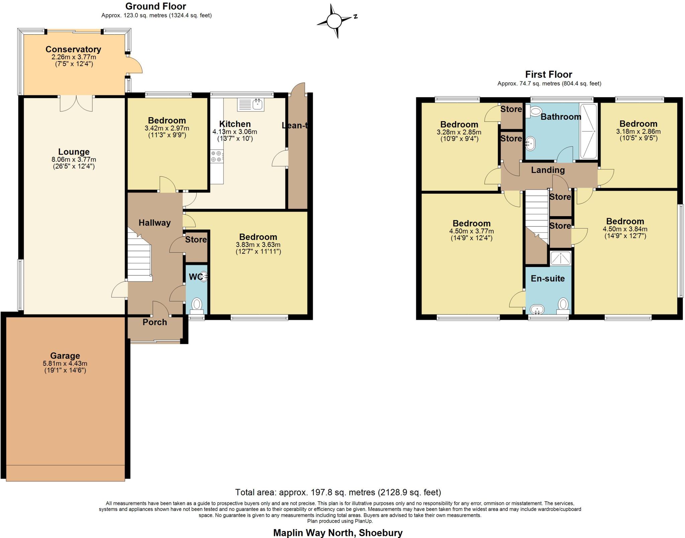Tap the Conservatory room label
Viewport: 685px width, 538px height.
click(x=73, y=49)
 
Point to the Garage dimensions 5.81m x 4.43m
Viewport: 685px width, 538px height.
click(x=65, y=363)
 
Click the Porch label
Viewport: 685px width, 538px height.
click(x=155, y=322)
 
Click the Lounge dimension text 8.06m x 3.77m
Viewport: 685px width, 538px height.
click(x=74, y=159)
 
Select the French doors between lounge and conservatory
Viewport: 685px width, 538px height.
click(x=76, y=103)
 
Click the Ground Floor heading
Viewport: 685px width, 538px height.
click(x=156, y=6)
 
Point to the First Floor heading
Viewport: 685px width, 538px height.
click(x=549, y=74)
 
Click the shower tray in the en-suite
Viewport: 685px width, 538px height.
click(x=560, y=258)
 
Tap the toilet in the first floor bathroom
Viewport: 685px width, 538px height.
click(x=535, y=111)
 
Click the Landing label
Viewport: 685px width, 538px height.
click(x=548, y=170)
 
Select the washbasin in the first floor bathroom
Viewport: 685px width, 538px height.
click(x=530, y=144)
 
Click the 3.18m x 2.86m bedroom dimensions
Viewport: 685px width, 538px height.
click(x=638, y=131)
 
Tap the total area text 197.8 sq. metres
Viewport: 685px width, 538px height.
click(x=338, y=492)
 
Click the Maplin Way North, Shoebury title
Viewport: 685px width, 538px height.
click(x=338, y=532)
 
